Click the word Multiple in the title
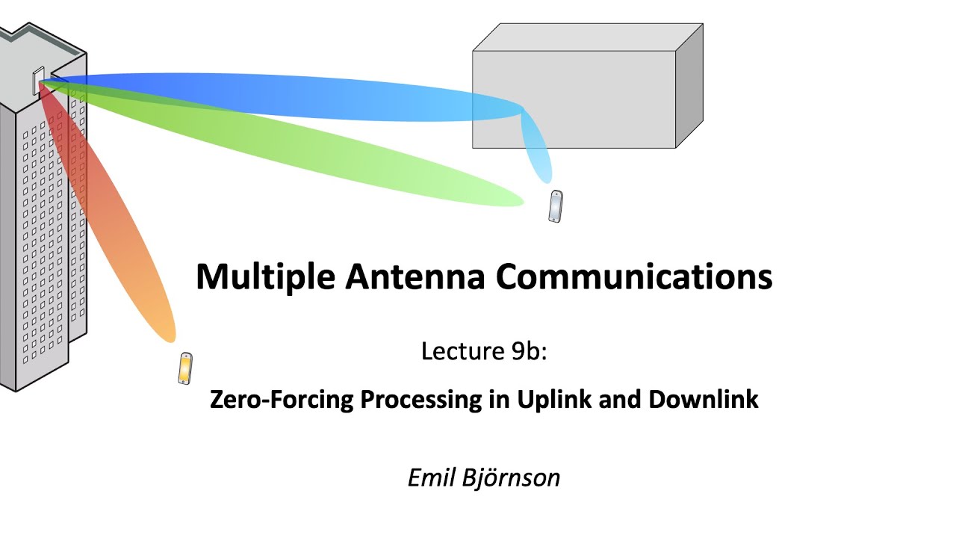click(265, 277)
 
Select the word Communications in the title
click(633, 277)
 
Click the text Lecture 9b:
click(484, 350)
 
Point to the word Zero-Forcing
click(282, 400)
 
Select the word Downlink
click(703, 400)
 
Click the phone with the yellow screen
click(185, 368)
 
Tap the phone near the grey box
click(555, 207)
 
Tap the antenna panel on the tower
click(38, 81)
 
